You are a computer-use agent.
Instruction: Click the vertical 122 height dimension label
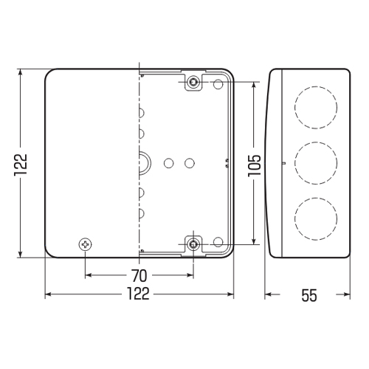[x=21, y=165]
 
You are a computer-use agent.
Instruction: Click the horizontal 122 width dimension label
[x=138, y=294]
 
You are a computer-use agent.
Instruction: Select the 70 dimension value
[x=139, y=275]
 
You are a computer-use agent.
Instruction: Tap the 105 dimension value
[x=254, y=166]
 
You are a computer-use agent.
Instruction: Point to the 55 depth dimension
[x=309, y=295]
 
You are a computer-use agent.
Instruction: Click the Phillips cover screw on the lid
[x=86, y=244]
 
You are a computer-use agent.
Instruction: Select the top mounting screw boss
[x=193, y=82]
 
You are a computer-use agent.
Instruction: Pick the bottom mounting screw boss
[x=193, y=244]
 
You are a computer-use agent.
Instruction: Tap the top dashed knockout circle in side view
[x=316, y=86]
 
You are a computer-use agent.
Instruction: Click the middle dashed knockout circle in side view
[x=316, y=142]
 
